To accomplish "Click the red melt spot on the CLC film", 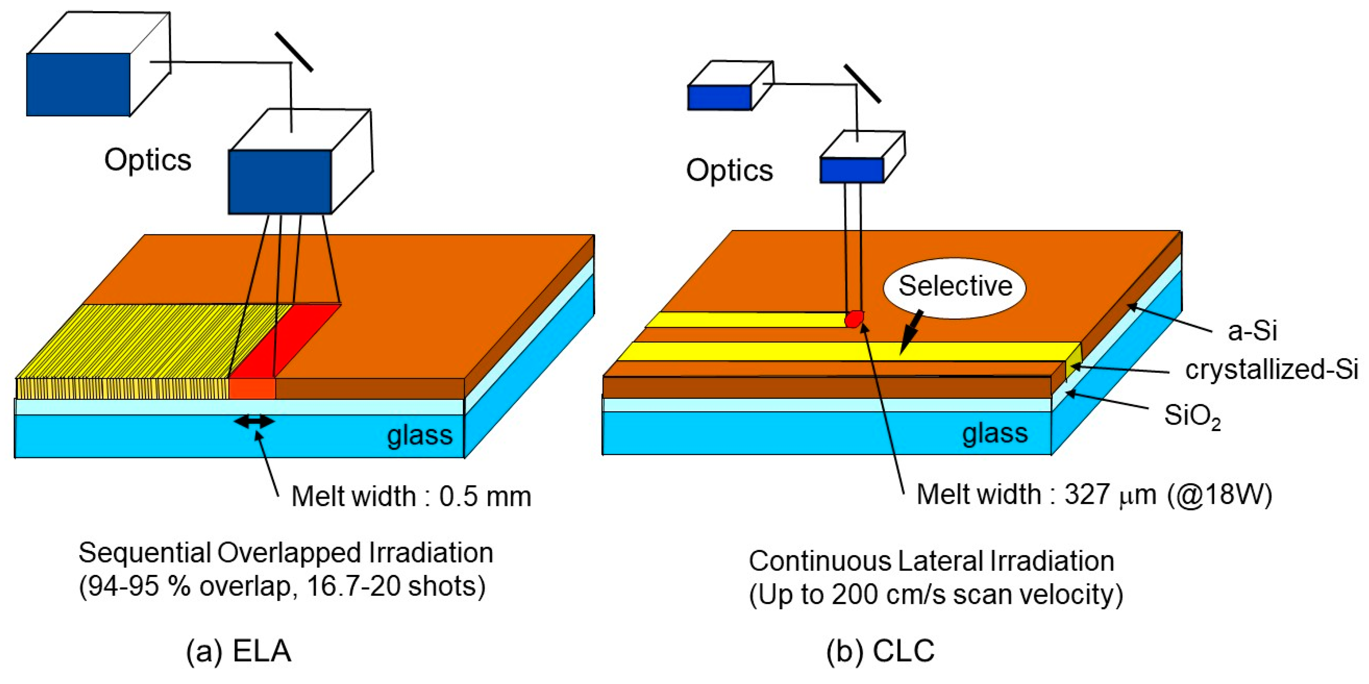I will click(x=854, y=319).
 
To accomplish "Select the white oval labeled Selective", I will click(x=955, y=288).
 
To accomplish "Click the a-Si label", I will click(x=1251, y=331).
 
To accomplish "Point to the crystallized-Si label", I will click(x=1271, y=369).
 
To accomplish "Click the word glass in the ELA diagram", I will click(x=419, y=435).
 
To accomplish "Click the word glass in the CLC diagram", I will click(x=995, y=433).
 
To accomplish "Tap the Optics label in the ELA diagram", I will click(x=148, y=159).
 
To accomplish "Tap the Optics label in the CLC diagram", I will click(x=729, y=171).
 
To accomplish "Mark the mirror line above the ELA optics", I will click(x=294, y=52).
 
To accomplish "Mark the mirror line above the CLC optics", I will click(x=862, y=84).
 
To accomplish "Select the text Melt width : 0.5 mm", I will click(x=411, y=496).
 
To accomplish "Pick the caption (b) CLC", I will click(x=880, y=650).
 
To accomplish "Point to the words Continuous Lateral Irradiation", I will click(x=931, y=561).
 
